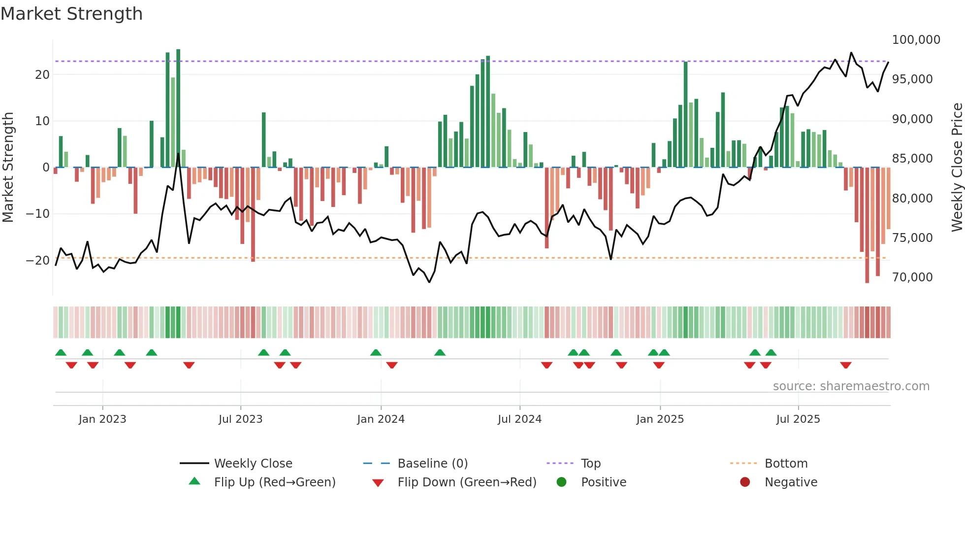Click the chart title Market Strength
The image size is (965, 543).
click(x=71, y=14)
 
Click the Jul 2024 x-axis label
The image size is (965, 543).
click(x=519, y=419)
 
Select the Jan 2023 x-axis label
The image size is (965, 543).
click(x=102, y=419)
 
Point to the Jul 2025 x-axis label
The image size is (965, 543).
click(x=798, y=419)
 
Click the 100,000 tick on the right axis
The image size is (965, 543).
click(x=916, y=40)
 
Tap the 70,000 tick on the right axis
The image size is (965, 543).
click(x=912, y=277)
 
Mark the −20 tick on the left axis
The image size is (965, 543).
click(x=38, y=261)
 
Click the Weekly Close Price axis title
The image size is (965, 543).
click(x=957, y=168)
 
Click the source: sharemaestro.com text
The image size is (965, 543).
click(x=851, y=386)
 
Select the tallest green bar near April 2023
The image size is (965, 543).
click(x=178, y=108)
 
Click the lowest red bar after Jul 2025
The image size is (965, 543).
click(x=867, y=227)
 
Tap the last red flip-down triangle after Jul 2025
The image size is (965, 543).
click(x=846, y=365)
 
